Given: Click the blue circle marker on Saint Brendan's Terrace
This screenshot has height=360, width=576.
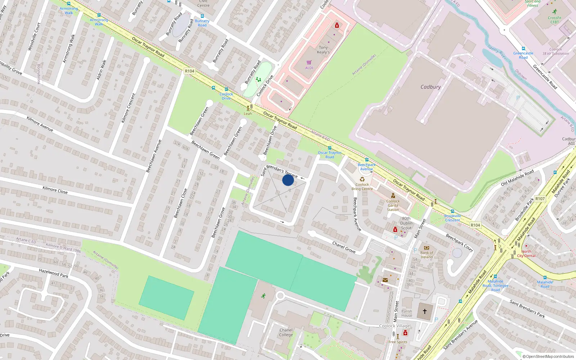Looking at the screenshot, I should point(288,180).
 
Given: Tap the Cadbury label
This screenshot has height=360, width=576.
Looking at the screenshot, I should point(431,87).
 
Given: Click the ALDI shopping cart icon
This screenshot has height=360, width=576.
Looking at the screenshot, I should point(309,63).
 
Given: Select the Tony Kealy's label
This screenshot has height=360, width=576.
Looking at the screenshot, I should point(323,50).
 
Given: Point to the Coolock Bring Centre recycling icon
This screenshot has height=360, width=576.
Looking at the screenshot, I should point(362,179).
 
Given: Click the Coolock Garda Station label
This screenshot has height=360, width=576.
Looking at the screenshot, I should point(393,205).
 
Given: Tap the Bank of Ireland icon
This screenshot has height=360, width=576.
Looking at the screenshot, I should point(427,248).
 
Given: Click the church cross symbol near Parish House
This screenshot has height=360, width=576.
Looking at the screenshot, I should point(425,311).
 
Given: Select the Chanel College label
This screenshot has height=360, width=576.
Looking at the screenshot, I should point(286,332).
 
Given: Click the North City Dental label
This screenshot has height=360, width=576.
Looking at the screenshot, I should point(526,254).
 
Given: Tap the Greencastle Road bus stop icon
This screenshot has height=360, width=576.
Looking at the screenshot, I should point(523,49).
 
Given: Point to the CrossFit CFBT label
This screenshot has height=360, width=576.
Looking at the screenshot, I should point(554,20).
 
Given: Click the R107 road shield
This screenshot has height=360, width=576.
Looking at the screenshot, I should point(540,199).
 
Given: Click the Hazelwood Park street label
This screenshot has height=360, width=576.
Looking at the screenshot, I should point(53,273).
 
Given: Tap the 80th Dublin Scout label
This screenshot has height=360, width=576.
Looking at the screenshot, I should point(406,223).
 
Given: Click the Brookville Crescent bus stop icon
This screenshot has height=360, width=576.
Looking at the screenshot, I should point(453,211).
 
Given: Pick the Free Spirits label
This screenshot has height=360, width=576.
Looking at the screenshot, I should point(398,342).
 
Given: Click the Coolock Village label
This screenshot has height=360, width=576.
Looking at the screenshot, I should point(395,326).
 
